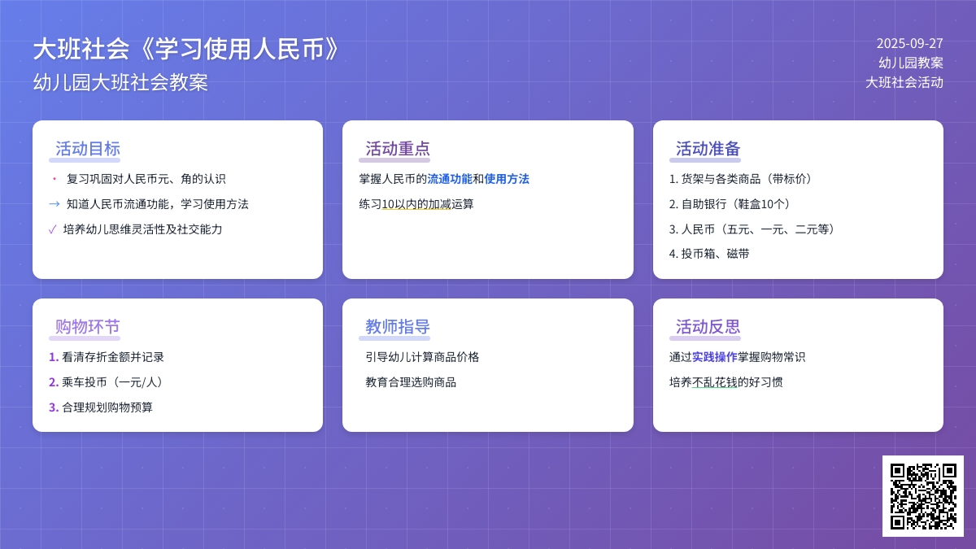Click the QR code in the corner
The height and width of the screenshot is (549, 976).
[x=922, y=495]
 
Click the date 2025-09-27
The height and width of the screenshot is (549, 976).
[x=909, y=43]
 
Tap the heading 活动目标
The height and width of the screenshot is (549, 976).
[x=88, y=149]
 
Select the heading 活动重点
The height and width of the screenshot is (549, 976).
[x=398, y=149]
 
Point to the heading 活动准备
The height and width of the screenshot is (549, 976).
[x=708, y=149]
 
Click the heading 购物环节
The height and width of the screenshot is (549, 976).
[x=88, y=327]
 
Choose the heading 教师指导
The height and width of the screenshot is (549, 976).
[x=398, y=327]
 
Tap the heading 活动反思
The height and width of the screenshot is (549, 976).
[x=708, y=327]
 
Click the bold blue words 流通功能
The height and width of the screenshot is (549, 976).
[x=450, y=179]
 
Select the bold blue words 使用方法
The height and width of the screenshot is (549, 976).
[x=507, y=179]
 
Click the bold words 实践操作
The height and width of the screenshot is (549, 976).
[x=715, y=357]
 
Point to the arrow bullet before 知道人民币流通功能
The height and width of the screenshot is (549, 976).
[x=54, y=204]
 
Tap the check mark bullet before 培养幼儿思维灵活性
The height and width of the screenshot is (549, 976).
[x=53, y=229]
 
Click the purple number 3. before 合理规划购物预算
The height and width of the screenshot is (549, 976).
[x=54, y=407]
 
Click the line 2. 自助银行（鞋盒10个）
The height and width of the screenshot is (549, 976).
[x=730, y=204]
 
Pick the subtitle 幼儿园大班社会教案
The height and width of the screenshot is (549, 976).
[x=120, y=82]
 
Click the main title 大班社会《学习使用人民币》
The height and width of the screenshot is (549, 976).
[x=186, y=50]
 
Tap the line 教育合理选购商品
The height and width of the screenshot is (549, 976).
[x=411, y=382]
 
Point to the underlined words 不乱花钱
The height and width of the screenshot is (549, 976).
[x=715, y=382]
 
